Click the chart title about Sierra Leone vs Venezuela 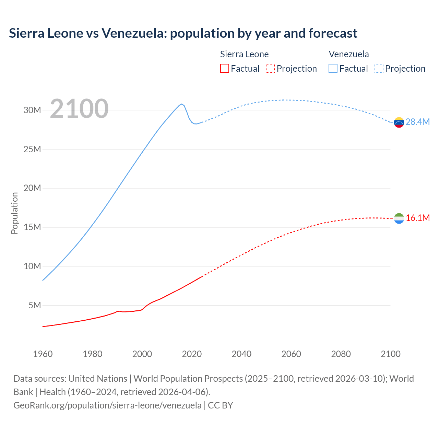tap(183, 33)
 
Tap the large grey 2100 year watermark tap(79, 109)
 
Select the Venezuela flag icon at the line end tap(399, 122)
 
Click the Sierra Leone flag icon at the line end tap(399, 218)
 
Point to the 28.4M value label tap(418, 122)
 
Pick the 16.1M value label tap(418, 218)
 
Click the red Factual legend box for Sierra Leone tap(224, 68)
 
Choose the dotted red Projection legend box tap(270, 68)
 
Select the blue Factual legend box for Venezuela tap(333, 68)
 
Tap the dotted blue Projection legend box tap(379, 68)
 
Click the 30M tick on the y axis tap(32, 110)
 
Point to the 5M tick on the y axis tap(35, 305)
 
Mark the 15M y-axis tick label tap(32, 227)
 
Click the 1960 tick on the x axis tap(43, 354)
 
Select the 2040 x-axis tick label tap(241, 354)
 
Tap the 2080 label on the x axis tap(341, 354)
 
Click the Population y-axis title tap(14, 213)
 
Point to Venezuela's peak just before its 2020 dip tap(181, 104)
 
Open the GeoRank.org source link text tap(107, 405)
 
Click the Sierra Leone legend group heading tap(244, 54)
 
